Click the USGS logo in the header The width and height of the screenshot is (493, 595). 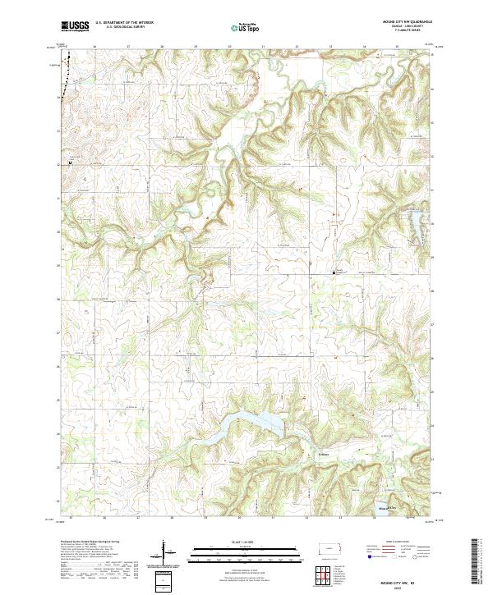pos(74,26)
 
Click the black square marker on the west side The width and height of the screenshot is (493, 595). pos(70,162)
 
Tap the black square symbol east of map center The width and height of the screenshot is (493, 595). pos(334,272)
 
